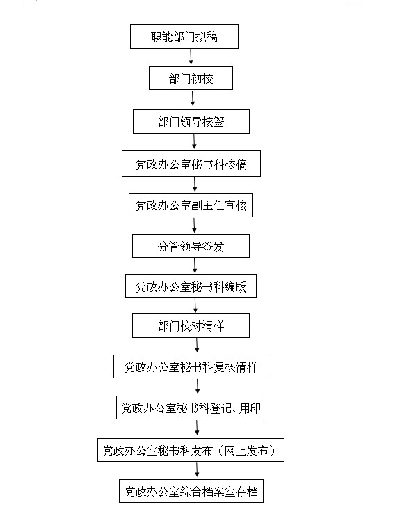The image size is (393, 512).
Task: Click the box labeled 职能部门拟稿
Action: tap(184, 36)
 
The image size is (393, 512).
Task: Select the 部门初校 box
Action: tap(191, 78)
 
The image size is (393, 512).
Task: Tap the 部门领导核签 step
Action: tap(191, 121)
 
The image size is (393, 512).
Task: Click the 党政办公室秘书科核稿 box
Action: tap(191, 164)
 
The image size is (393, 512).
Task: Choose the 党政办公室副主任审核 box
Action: tap(191, 205)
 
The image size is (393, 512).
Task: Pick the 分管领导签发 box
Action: tap(191, 246)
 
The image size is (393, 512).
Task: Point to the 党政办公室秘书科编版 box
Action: tap(191, 286)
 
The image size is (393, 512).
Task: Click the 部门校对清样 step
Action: tap(191, 325)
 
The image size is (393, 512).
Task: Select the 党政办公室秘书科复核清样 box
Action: tap(191, 366)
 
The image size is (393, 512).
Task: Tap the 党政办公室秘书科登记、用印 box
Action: tap(191, 408)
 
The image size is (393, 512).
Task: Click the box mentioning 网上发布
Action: tap(191, 450)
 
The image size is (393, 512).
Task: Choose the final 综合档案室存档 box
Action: tap(191, 491)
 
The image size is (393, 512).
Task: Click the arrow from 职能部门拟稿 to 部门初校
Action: tap(191, 57)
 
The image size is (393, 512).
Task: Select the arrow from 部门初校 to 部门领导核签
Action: tap(193, 98)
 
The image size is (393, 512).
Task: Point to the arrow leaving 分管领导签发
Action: tap(195, 266)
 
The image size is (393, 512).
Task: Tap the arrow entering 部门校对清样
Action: tap(195, 306)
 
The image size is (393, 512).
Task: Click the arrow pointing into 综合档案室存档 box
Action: tap(197, 470)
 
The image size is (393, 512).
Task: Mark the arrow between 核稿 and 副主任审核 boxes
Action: tap(195, 185)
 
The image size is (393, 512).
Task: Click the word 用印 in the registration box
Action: tap(250, 408)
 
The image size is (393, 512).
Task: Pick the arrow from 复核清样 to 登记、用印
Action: tap(198, 387)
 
